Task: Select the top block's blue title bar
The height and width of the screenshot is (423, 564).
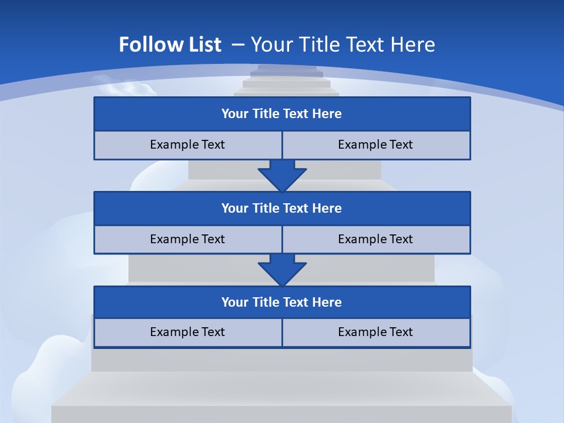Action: click(x=282, y=114)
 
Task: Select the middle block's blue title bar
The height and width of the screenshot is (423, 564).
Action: click(x=282, y=209)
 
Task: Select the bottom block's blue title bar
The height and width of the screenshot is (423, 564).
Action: click(x=282, y=303)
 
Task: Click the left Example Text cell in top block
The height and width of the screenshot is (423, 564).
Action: click(x=187, y=145)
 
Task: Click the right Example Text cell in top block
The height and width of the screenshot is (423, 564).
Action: click(x=376, y=145)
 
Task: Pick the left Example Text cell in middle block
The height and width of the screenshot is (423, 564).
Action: click(x=187, y=240)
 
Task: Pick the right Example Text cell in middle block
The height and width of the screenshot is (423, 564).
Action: click(x=376, y=240)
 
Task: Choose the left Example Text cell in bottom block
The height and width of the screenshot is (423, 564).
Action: click(x=187, y=333)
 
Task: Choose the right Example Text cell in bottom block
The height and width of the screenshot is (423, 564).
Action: click(x=376, y=333)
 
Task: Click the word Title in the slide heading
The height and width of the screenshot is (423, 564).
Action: click(x=318, y=45)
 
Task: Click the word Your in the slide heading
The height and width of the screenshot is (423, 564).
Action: click(x=272, y=45)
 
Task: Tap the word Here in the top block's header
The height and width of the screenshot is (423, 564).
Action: click(x=327, y=114)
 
